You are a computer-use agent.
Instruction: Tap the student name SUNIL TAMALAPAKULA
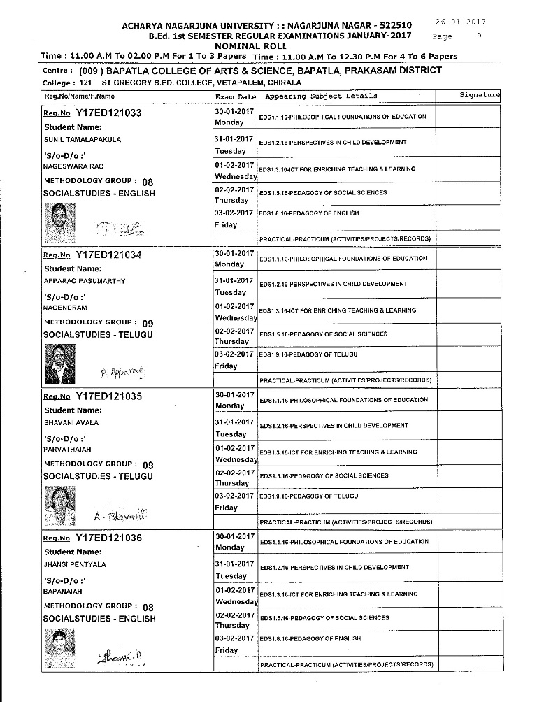pyautogui.click(x=83, y=140)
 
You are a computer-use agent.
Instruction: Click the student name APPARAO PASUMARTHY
pyautogui.click(x=85, y=281)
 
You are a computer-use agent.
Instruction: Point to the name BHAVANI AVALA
pyautogui.click(x=71, y=423)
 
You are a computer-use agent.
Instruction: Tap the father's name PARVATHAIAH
pyautogui.click(x=67, y=449)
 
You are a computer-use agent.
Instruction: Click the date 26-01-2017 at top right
pyautogui.click(x=464, y=22)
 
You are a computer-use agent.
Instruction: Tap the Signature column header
pyautogui.click(x=480, y=96)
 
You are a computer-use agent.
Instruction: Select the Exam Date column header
pyautogui.click(x=236, y=96)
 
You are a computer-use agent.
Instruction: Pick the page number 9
pyautogui.click(x=478, y=36)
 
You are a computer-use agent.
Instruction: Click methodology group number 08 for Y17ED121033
pyautogui.click(x=147, y=181)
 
